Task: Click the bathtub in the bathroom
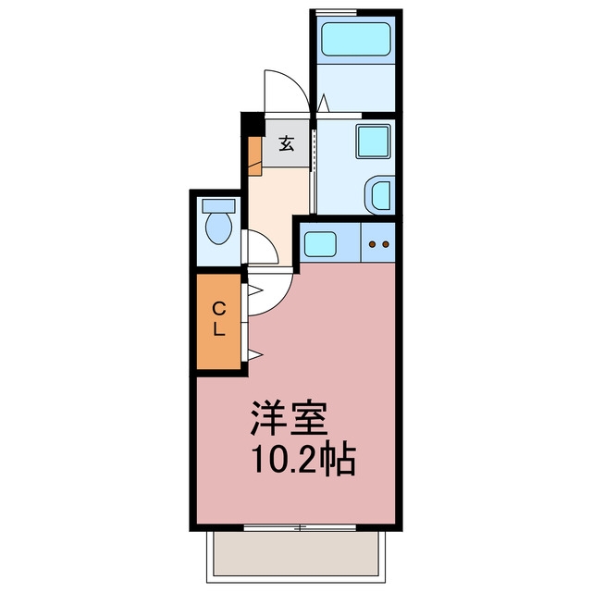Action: pyautogui.click(x=355, y=39)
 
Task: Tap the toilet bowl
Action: pyautogui.click(x=218, y=228)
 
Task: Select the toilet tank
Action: pyautogui.click(x=218, y=205)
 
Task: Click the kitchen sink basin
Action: pyautogui.click(x=320, y=244)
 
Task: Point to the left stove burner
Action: pyautogui.click(x=372, y=244)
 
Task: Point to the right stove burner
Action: pyautogui.click(x=386, y=244)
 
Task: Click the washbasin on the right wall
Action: pyautogui.click(x=380, y=195)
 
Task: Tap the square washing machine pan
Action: pyautogui.click(x=373, y=141)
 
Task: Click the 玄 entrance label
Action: pyautogui.click(x=287, y=143)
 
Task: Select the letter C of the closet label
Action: pyautogui.click(x=219, y=310)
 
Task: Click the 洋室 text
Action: pyautogui.click(x=289, y=419)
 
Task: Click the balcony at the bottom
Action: pyautogui.click(x=296, y=555)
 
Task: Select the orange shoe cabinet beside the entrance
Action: pyautogui.click(x=255, y=156)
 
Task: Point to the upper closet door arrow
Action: pyautogui.click(x=255, y=290)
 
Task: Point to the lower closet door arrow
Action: pyautogui.click(x=255, y=355)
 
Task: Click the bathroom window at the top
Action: pyautogui.click(x=337, y=13)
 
